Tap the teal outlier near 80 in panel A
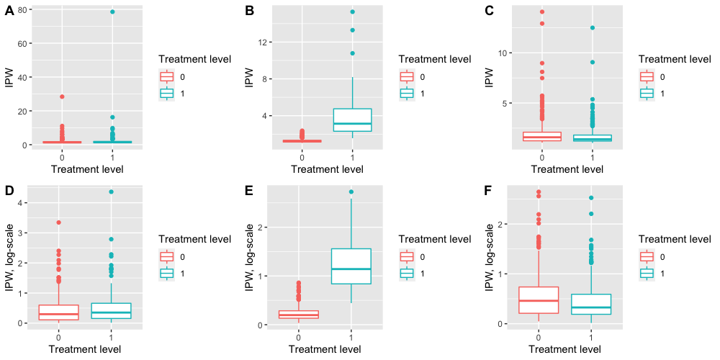click(112, 12)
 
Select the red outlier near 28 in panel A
click(62, 96)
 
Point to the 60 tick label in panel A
click(22, 44)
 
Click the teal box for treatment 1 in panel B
click(353, 120)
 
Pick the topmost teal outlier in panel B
click(353, 12)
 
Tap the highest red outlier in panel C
click(541, 12)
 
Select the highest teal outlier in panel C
click(593, 28)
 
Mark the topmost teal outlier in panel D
click(112, 192)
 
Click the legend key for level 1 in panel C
click(646, 93)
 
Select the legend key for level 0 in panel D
click(166, 257)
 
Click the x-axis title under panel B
click(328, 169)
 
